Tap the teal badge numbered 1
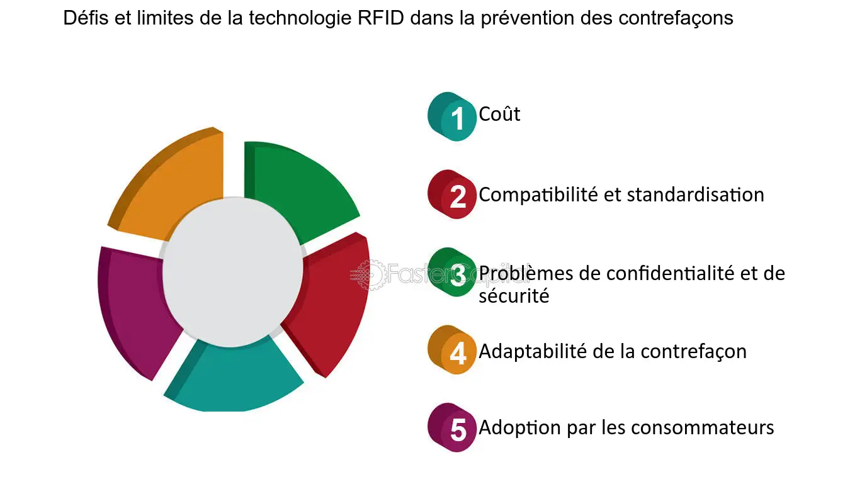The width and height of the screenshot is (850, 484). pyautogui.click(x=453, y=116)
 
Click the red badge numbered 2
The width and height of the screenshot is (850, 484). pyautogui.click(x=453, y=195)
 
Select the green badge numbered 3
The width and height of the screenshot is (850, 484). pyautogui.click(x=453, y=274)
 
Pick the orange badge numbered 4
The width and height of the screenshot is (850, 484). pyautogui.click(x=453, y=351)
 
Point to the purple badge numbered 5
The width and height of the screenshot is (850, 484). pyautogui.click(x=453, y=429)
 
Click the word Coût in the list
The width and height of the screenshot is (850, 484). pyautogui.click(x=499, y=115)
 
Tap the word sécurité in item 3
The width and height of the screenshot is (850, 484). pyautogui.click(x=514, y=295)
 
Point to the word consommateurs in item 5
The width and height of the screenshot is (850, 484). pyautogui.click(x=702, y=428)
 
